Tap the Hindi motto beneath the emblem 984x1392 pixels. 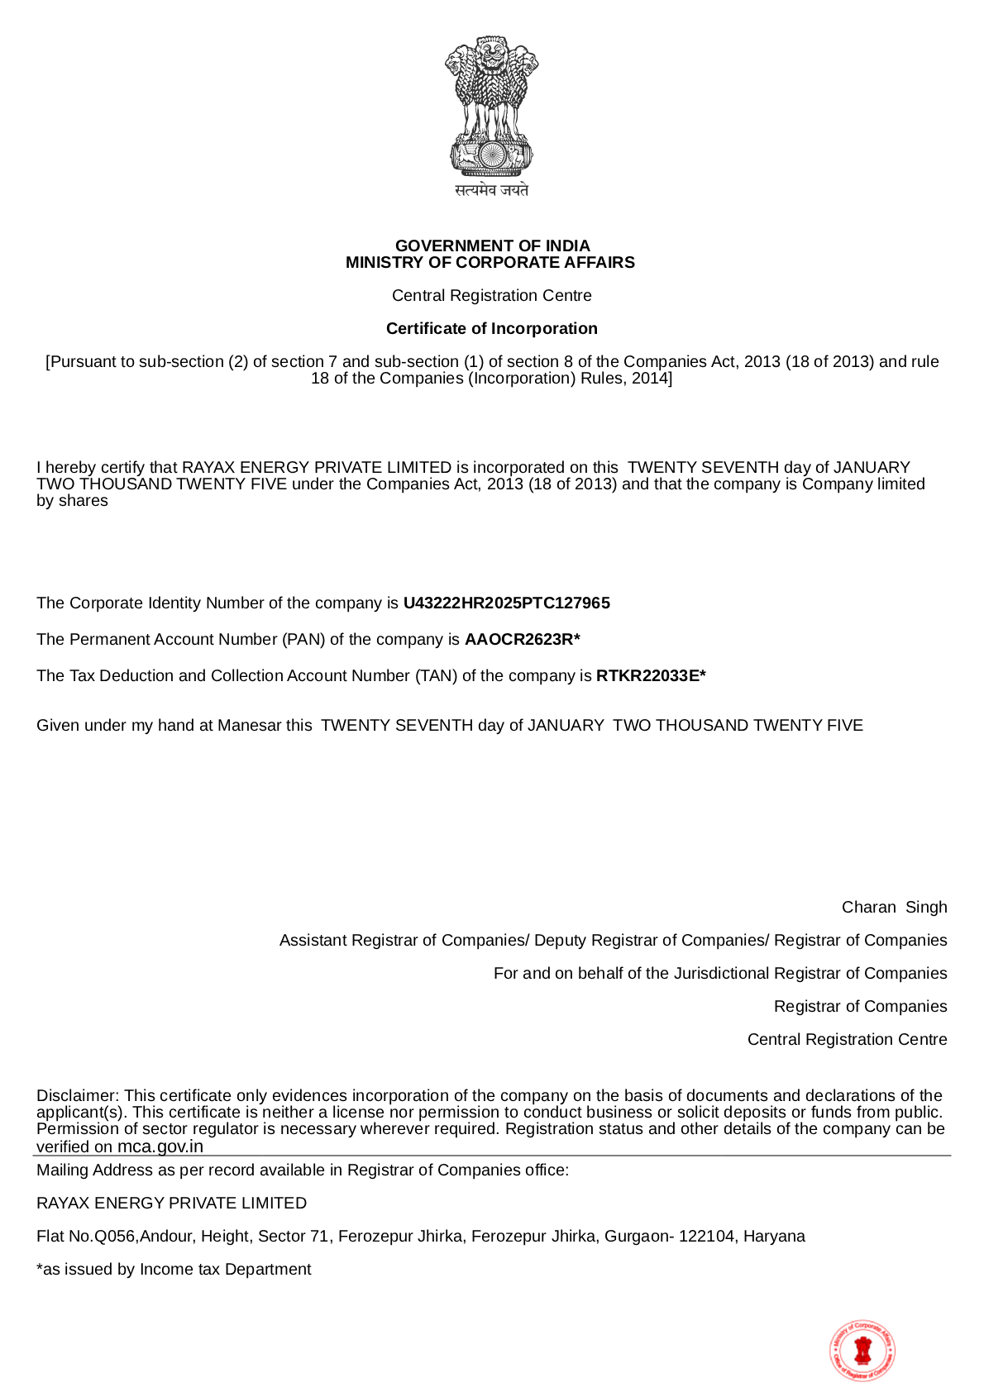tap(491, 190)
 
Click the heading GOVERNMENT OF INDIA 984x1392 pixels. tap(492, 246)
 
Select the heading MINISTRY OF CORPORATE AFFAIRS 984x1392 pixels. tap(490, 262)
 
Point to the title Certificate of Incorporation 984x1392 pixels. tap(491, 328)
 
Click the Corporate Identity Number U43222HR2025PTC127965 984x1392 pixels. tap(506, 603)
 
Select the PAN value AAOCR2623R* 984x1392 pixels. tap(522, 639)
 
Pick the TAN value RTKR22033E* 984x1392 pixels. tap(651, 675)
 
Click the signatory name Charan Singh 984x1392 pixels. tap(894, 907)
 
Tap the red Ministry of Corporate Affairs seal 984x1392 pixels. tap(862, 1350)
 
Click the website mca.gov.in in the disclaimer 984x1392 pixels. tap(160, 1146)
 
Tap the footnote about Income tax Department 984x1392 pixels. tap(174, 1269)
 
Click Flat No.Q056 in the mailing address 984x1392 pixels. tap(87, 1236)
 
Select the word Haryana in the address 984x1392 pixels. tap(774, 1236)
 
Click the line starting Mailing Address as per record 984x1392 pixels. tap(303, 1170)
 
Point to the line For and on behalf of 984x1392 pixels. tap(719, 973)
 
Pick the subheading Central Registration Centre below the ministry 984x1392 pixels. tap(491, 295)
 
